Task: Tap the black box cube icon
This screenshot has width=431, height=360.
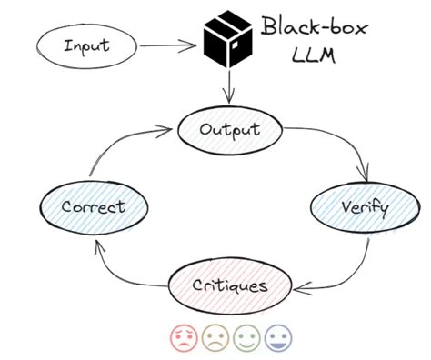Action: pos(227,42)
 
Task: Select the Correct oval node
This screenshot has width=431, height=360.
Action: pos(92,206)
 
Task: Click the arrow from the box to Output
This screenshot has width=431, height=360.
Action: pos(228,87)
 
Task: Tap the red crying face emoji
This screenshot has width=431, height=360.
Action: pos(184,338)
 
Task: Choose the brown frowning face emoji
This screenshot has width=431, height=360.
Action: pos(215,338)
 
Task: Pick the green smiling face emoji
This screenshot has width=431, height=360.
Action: pos(246,338)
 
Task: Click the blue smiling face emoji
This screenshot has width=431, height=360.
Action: pos(276,338)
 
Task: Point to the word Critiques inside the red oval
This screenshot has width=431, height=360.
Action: pos(229,285)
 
